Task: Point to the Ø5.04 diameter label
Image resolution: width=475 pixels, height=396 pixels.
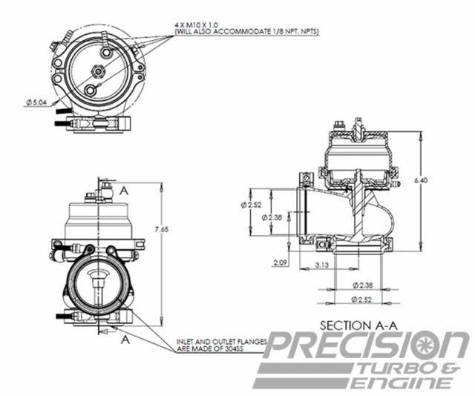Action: point(36,101)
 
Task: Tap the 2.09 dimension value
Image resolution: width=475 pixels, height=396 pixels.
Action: point(281,263)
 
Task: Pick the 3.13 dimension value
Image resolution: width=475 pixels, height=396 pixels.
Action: point(322,265)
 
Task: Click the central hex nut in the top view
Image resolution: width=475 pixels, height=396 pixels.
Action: point(97,70)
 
